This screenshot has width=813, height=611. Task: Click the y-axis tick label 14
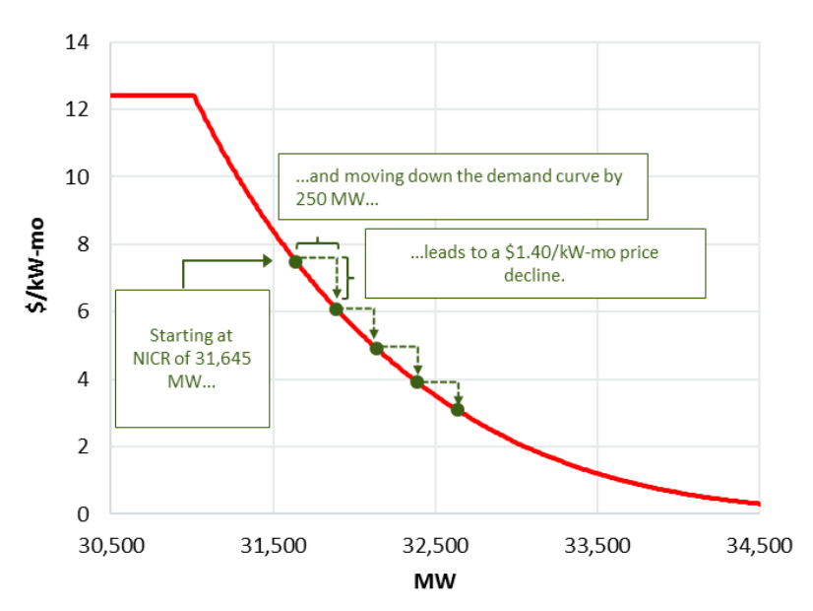(x=78, y=42)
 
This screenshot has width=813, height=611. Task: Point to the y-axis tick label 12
(x=78, y=109)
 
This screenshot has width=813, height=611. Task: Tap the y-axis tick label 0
(x=84, y=513)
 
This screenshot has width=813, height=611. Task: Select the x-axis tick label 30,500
(x=110, y=544)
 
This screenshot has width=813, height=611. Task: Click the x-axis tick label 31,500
(x=273, y=544)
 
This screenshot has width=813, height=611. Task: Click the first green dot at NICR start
(x=295, y=261)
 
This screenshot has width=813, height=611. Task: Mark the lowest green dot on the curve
(x=458, y=409)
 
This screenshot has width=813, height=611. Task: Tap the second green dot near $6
(x=336, y=309)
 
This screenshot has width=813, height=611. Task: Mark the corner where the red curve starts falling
(x=194, y=96)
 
